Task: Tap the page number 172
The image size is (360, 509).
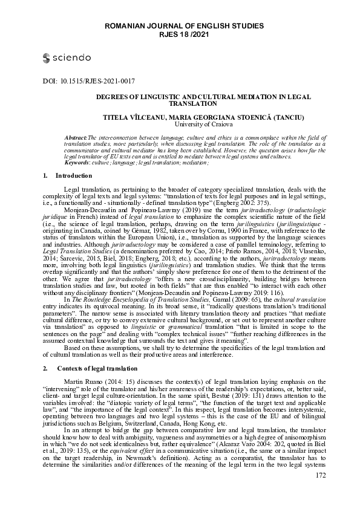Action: coord(321,493)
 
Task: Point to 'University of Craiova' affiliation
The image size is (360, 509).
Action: coord(201,124)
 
